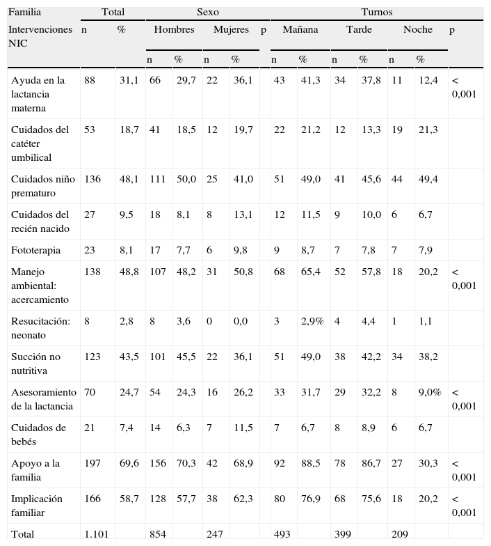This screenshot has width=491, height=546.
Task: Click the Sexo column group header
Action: coord(208,12)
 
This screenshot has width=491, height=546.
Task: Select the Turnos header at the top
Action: coord(376,12)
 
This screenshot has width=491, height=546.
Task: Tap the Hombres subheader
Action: coord(174,30)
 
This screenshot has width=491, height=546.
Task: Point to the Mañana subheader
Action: coord(300,30)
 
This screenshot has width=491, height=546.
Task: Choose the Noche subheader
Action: coord(417,30)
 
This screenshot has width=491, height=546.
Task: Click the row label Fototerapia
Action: coord(35,250)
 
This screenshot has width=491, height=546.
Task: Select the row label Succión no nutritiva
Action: coord(35,364)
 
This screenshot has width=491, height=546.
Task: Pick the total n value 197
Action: coord(92,464)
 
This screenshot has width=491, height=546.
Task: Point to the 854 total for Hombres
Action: coord(157,534)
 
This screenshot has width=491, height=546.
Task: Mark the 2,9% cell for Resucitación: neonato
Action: coord(312,322)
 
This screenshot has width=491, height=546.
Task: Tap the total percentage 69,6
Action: coord(129,464)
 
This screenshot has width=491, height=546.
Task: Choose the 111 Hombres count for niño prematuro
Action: coord(157,180)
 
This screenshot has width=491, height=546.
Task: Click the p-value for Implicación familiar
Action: coord(464,506)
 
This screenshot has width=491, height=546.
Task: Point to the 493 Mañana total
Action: coord(282,534)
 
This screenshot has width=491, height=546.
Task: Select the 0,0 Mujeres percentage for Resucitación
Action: coord(242,322)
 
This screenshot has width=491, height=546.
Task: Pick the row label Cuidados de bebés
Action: coord(39,435)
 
